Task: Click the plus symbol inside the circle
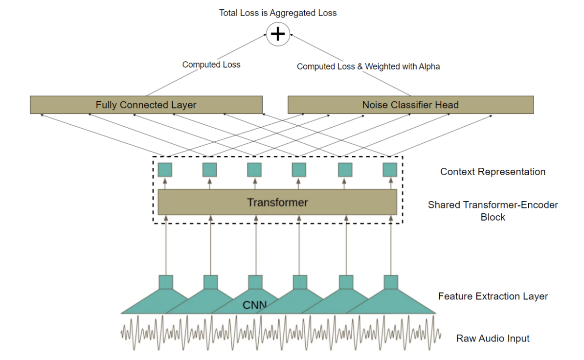tap(278, 34)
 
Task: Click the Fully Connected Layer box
tap(146, 105)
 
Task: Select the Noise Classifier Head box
tap(410, 105)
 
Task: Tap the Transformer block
tap(277, 202)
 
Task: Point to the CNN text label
tap(255, 305)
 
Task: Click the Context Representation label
tap(493, 172)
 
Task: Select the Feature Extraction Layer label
tap(493, 296)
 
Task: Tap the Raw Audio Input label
tap(493, 338)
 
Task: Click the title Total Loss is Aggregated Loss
tap(277, 13)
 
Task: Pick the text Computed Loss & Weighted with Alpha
tap(368, 66)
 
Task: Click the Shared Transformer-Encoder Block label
tap(493, 211)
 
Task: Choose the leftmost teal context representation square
tap(165, 170)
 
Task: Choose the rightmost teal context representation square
tap(390, 170)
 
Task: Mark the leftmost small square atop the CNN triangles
tap(166, 282)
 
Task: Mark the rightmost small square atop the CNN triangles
tap(391, 282)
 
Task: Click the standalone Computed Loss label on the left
tap(211, 65)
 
